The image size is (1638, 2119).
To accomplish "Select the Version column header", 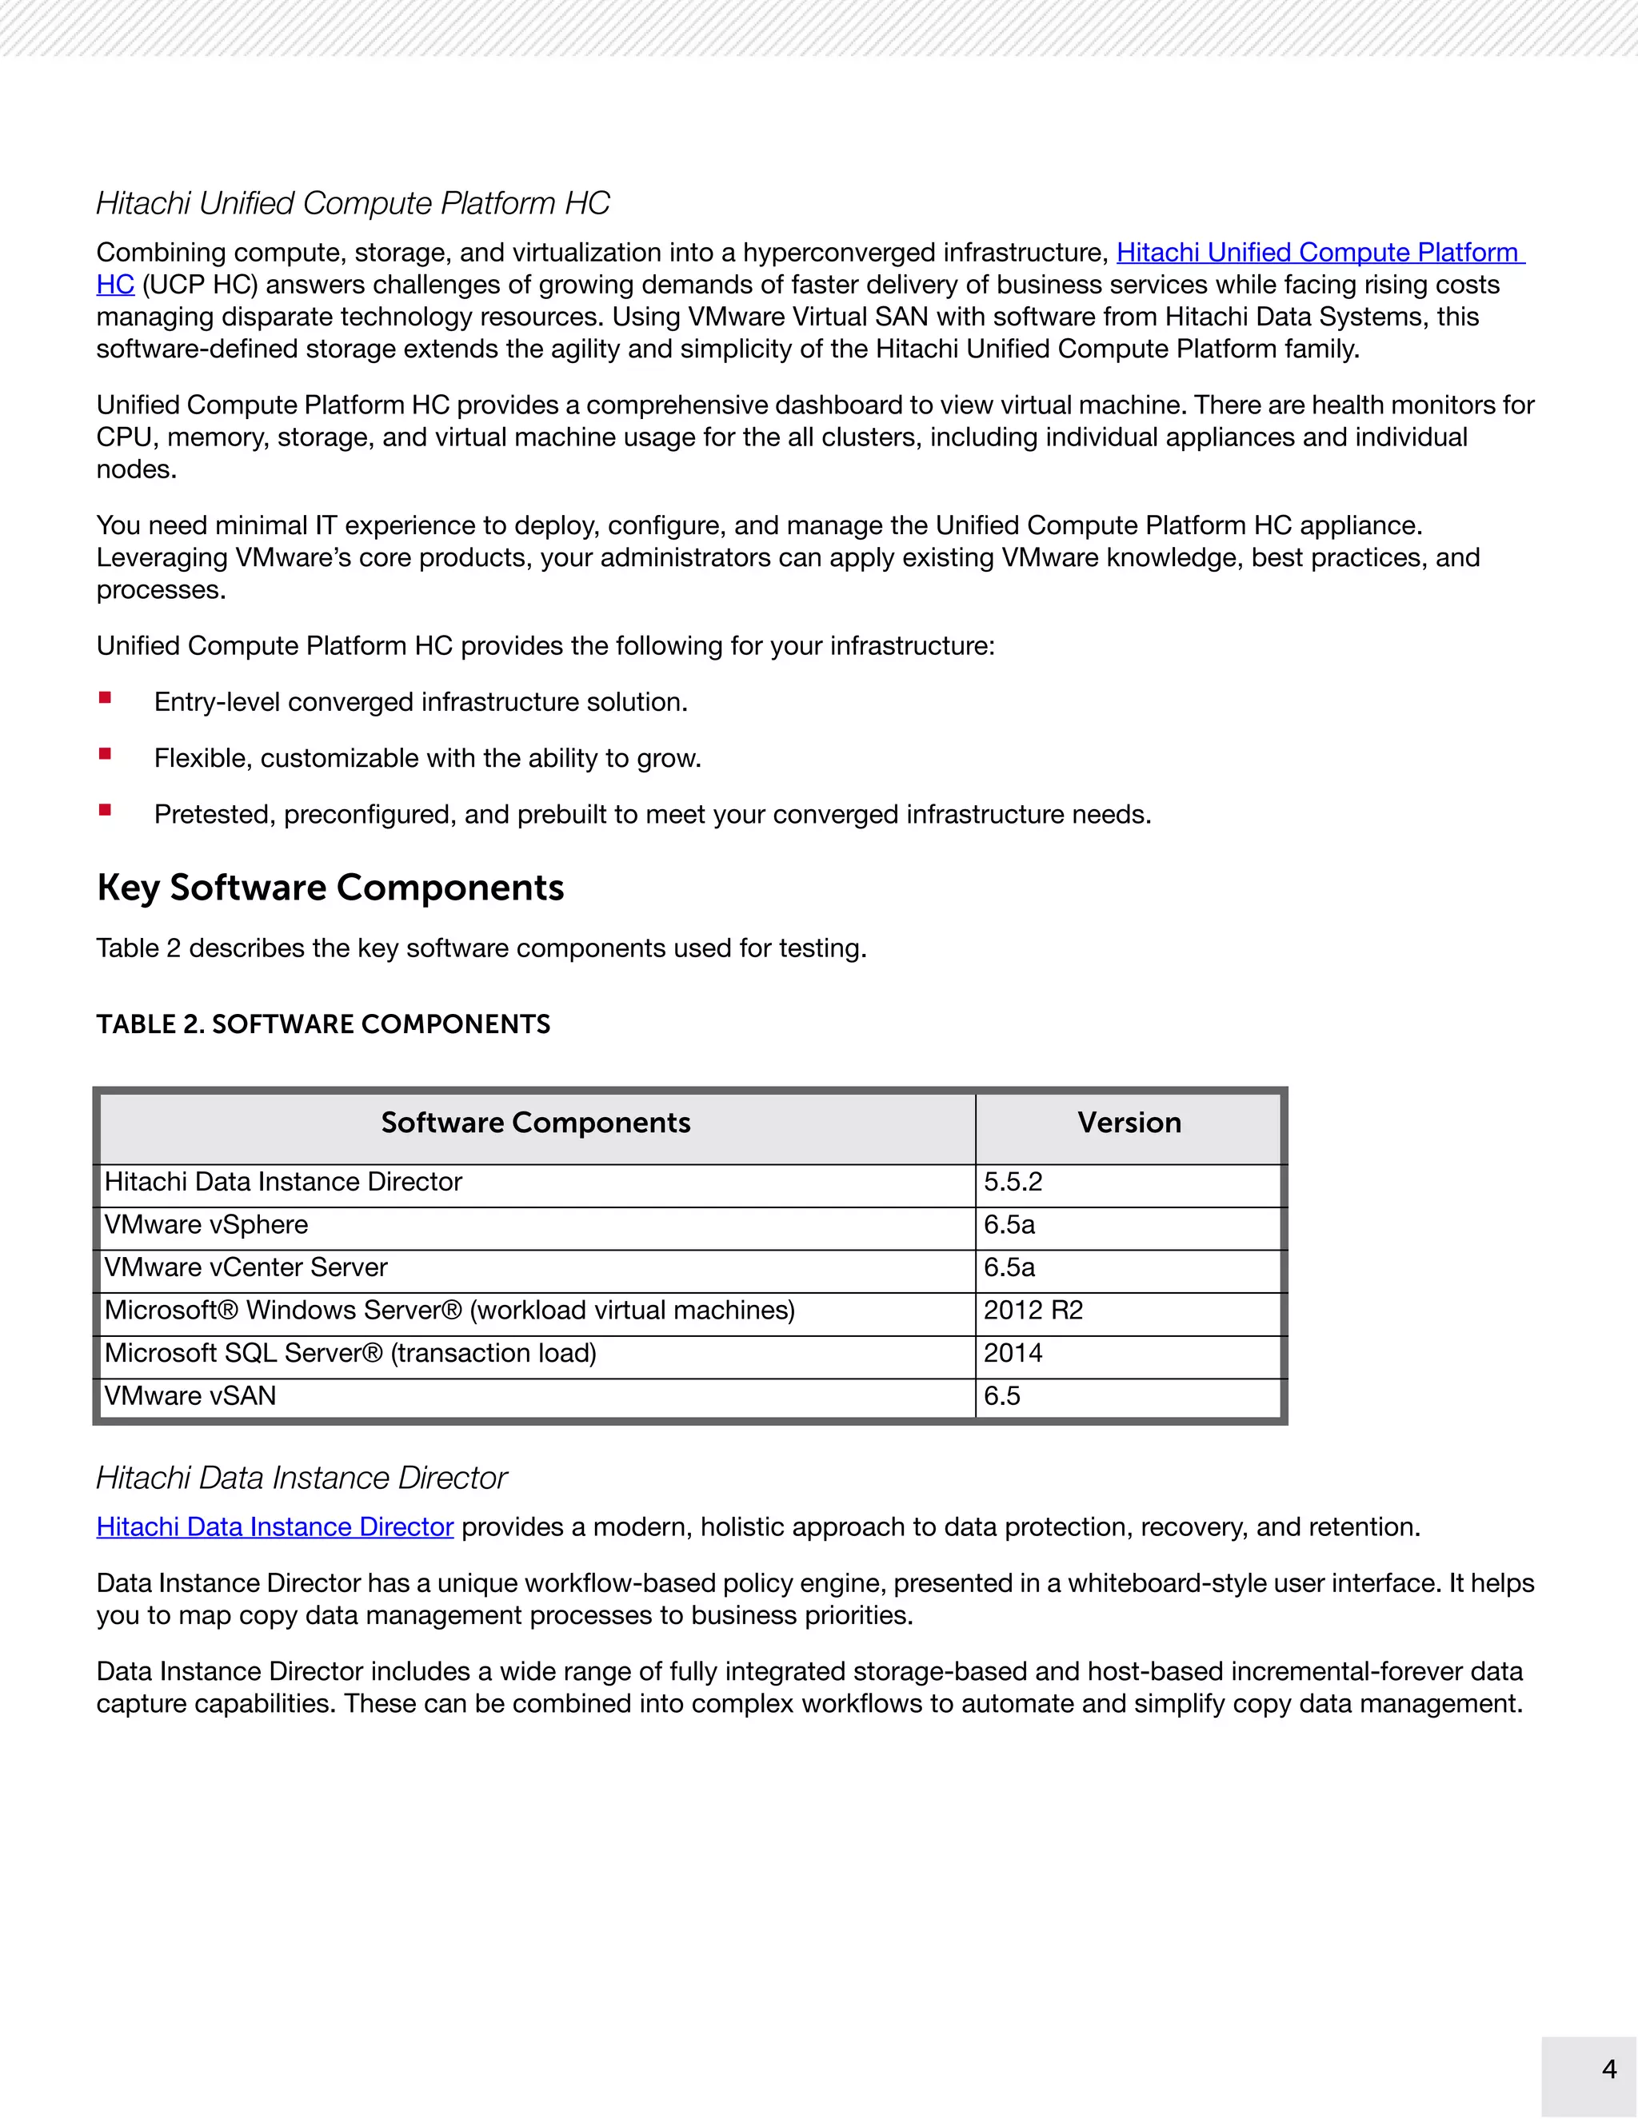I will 1129,1123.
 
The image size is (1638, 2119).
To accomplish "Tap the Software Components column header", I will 536,1123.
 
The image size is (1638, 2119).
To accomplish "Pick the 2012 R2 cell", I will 1033,1311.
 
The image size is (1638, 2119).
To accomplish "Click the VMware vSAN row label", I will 190,1396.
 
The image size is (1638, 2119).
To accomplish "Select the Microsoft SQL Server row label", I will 350,1354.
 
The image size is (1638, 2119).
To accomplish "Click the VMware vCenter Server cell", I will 246,1268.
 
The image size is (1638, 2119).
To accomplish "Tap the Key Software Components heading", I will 330,888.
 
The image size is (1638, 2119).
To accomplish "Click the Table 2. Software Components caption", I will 323,1024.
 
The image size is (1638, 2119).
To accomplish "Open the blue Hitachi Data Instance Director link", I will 274,1527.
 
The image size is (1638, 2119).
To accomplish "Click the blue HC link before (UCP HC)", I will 114,285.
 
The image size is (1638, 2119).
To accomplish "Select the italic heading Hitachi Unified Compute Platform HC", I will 352,204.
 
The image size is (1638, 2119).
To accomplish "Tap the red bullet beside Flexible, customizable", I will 105,754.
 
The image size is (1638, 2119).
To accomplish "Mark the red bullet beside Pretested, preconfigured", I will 105,810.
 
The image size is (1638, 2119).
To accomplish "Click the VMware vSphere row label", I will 206,1225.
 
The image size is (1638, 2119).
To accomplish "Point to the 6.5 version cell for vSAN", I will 1001,1396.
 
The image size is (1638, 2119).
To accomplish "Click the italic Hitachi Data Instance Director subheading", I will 301,1478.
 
